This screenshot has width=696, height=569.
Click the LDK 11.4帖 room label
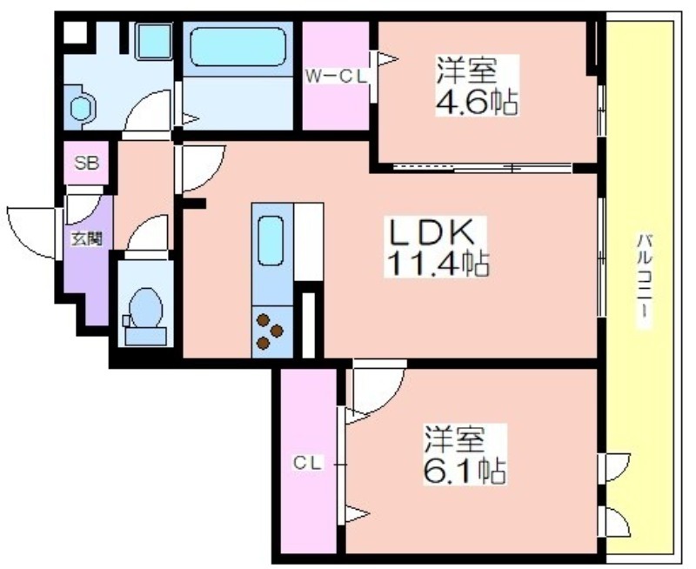(x=436, y=248)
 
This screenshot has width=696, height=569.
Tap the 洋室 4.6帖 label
(x=477, y=85)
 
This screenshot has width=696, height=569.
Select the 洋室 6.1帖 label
(x=465, y=454)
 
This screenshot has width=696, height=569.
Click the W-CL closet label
(x=336, y=77)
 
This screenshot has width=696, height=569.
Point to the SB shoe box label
(x=86, y=163)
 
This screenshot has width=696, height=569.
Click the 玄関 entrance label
(x=88, y=239)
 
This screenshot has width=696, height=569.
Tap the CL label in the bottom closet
(x=307, y=464)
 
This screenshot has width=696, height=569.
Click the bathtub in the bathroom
(x=238, y=47)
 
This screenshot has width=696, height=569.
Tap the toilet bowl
(x=144, y=308)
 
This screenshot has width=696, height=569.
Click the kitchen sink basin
(x=271, y=240)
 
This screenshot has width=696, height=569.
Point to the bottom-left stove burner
(x=264, y=343)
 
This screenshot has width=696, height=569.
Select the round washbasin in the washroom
(x=81, y=108)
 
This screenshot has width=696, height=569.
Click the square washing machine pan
(x=153, y=41)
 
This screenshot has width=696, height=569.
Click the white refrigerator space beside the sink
(x=309, y=242)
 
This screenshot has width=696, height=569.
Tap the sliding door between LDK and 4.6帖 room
(x=483, y=168)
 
